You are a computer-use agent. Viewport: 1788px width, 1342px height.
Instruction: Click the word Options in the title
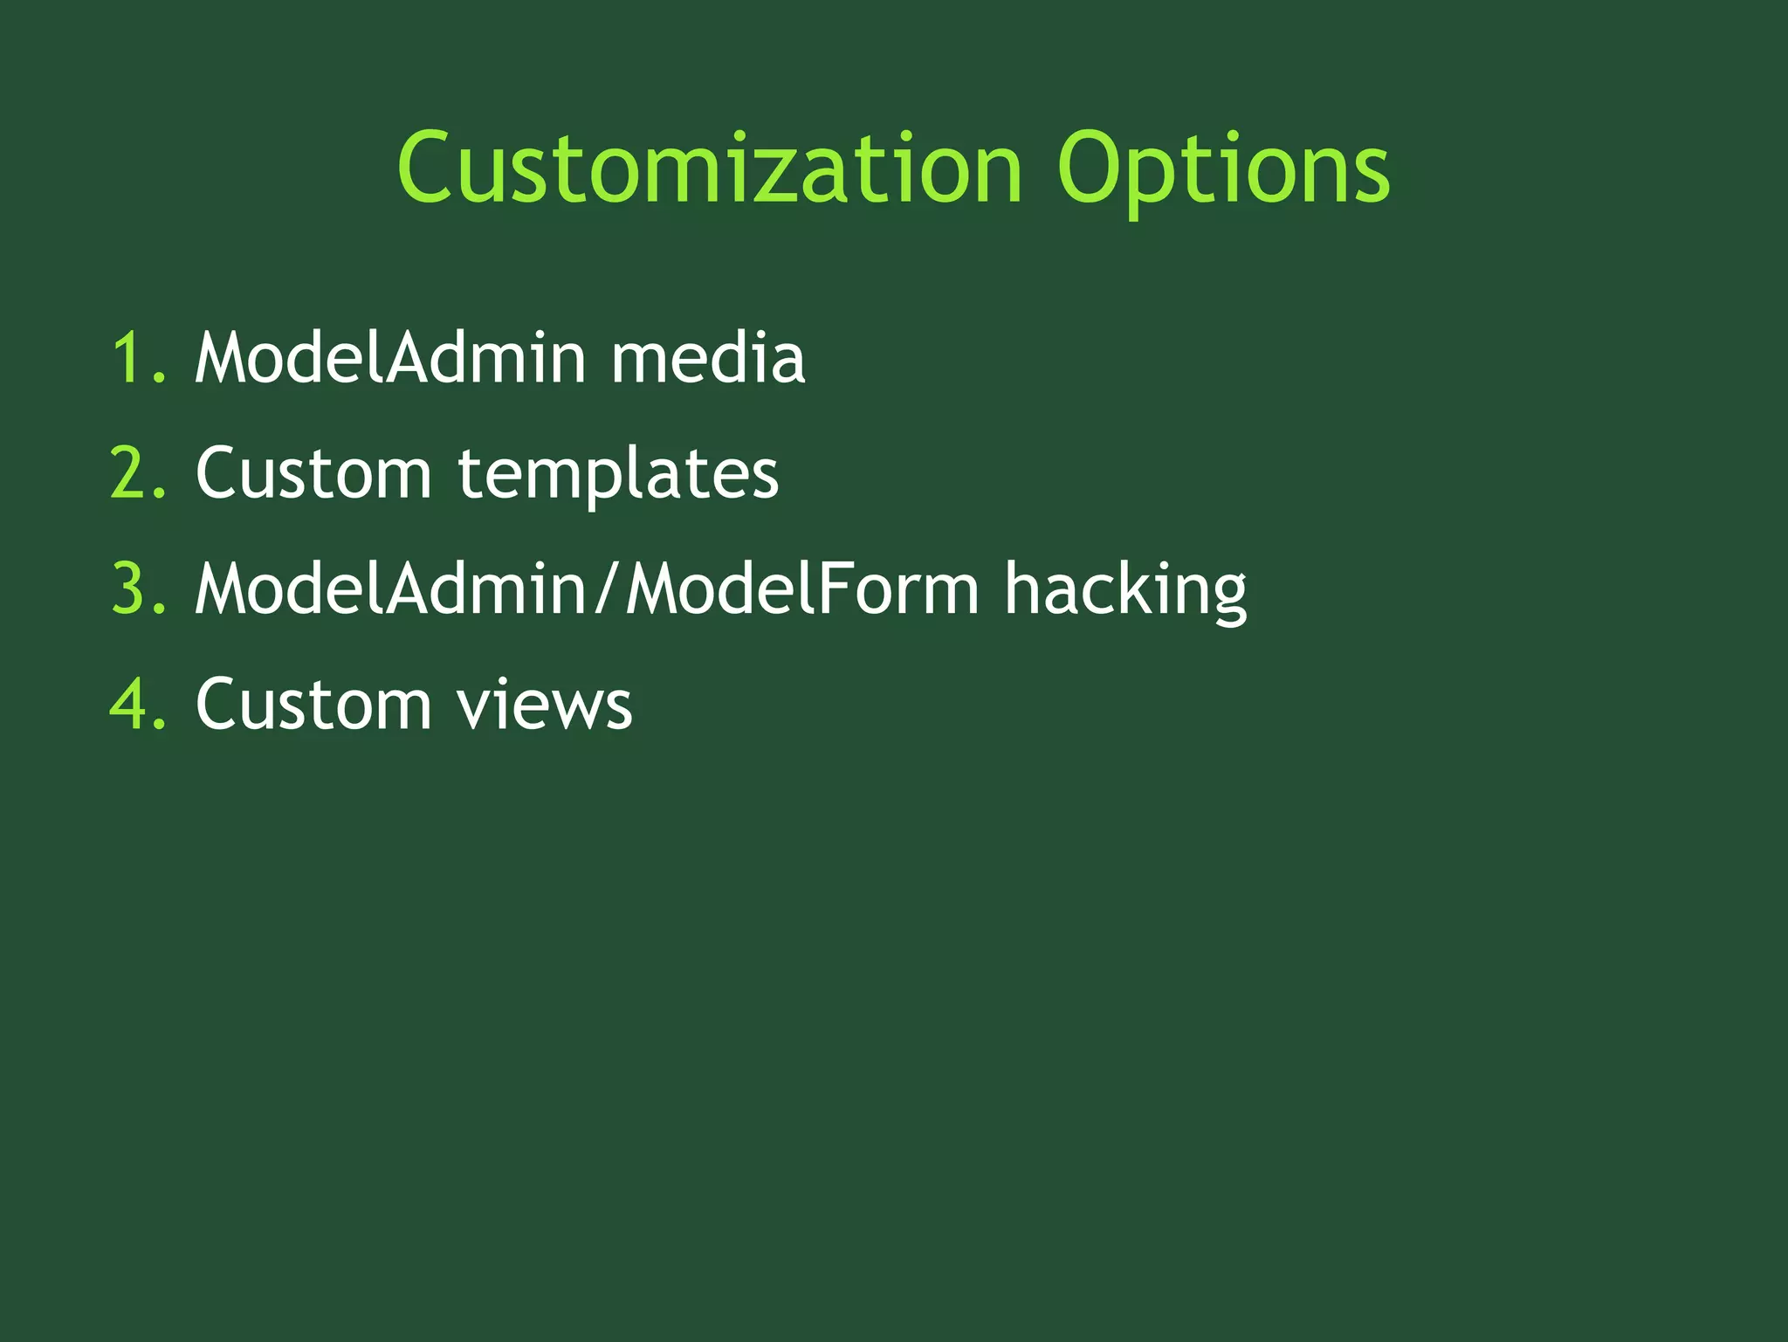[1222, 170]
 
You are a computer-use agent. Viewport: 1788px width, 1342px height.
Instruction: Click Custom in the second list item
[313, 473]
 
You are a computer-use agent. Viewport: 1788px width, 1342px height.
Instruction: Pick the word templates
[618, 473]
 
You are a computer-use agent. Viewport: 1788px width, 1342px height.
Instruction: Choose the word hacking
[1124, 588]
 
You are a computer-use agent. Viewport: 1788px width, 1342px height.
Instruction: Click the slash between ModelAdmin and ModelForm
[608, 588]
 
